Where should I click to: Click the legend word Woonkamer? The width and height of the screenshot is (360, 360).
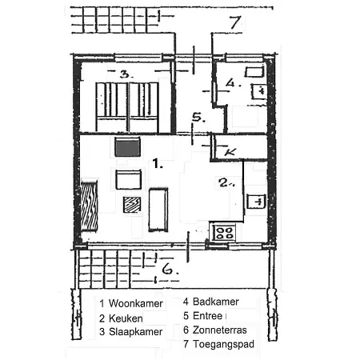(136, 303)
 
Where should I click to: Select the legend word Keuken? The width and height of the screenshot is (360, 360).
(126, 318)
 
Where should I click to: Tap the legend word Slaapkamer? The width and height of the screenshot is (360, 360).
(135, 332)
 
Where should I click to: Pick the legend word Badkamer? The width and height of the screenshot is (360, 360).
(216, 302)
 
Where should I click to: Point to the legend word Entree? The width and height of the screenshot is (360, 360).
(207, 316)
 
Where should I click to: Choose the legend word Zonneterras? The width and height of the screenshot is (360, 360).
(220, 330)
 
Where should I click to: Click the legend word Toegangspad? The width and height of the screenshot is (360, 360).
(223, 344)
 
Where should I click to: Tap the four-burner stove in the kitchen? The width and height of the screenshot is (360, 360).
(224, 233)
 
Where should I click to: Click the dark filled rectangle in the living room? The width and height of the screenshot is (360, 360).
(128, 147)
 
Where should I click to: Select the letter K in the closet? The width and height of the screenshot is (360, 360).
(230, 152)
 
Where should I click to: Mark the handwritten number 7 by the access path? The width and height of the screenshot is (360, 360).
(235, 22)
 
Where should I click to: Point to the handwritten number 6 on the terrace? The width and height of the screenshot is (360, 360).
(169, 269)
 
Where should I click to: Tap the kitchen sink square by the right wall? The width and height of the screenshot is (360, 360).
(256, 202)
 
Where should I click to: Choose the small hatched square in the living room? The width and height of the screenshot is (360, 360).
(132, 205)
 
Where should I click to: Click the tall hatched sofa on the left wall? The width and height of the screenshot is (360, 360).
(89, 206)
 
